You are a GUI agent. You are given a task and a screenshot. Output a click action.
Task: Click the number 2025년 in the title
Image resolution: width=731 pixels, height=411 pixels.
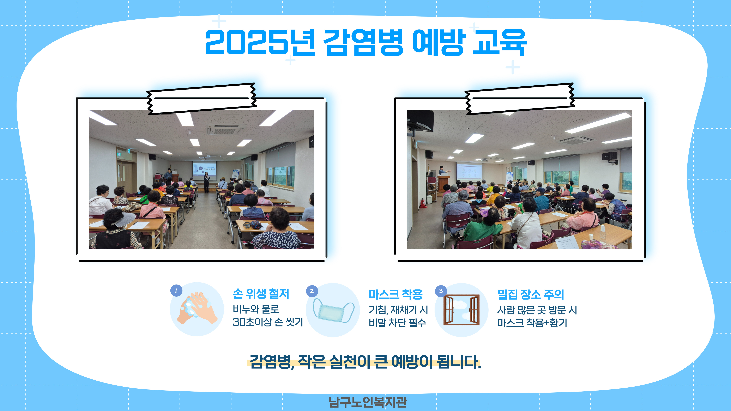click(260, 43)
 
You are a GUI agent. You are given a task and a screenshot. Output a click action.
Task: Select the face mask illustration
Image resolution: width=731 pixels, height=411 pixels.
click(333, 311)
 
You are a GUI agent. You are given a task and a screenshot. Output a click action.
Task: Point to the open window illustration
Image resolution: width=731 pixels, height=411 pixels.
click(461, 310)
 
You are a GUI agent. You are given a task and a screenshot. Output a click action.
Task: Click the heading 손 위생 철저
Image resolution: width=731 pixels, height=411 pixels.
click(261, 294)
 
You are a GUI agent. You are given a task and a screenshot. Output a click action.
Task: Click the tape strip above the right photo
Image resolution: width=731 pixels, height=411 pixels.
click(520, 99)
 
